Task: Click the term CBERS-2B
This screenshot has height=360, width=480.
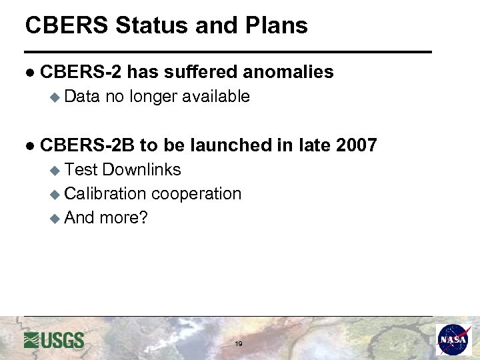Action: (x=87, y=145)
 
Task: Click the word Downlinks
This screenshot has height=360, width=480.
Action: (x=141, y=170)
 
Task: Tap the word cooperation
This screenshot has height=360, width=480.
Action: (x=196, y=194)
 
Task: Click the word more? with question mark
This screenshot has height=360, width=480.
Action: (x=123, y=218)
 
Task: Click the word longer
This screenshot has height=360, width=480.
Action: (x=153, y=97)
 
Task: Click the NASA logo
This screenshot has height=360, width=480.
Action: (x=454, y=340)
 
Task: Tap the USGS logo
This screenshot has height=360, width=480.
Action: (x=54, y=340)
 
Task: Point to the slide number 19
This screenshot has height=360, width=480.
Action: (x=238, y=344)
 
